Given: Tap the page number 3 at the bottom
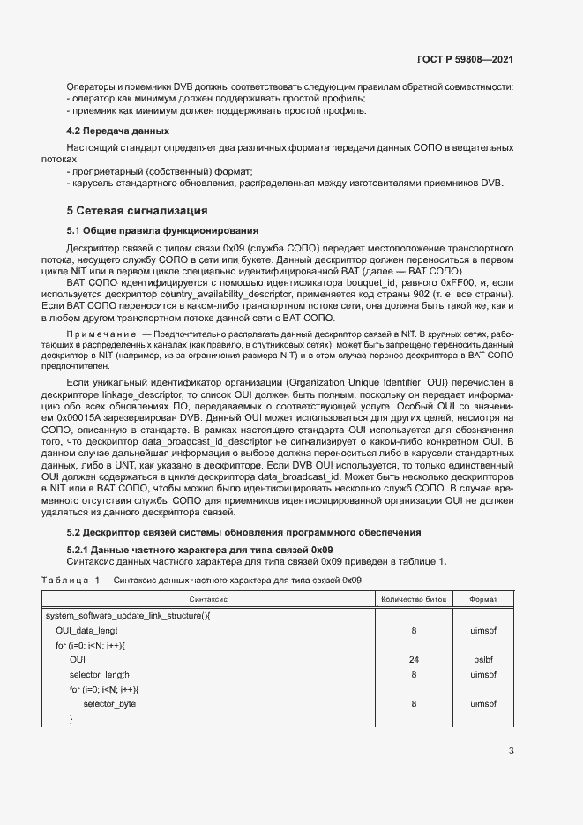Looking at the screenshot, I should click(x=512, y=751).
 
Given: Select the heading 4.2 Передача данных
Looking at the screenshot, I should click(x=108, y=131).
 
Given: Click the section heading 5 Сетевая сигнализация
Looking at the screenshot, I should click(x=137, y=211).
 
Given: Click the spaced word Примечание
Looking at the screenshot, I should click(x=102, y=335).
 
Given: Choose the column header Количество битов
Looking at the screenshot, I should click(x=413, y=599).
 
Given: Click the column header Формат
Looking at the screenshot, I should click(x=482, y=599).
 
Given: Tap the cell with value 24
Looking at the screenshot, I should click(x=413, y=659).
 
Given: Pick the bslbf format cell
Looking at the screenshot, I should click(x=482, y=659).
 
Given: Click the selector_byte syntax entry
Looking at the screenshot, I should click(x=109, y=704).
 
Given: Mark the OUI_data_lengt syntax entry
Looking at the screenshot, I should click(x=86, y=631).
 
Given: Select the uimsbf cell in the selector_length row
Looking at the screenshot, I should click(x=482, y=674).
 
